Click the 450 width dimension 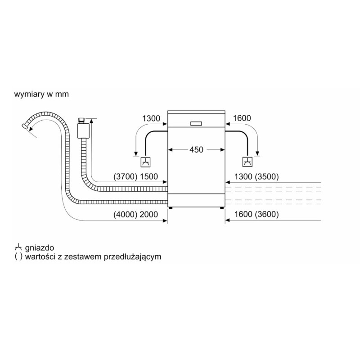point(196,150)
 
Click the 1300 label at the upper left point(151,118)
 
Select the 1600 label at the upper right point(242,118)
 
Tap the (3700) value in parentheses point(126,176)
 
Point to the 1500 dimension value point(149,176)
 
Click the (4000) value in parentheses point(126,215)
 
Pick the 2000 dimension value point(149,215)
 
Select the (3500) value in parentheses point(267,176)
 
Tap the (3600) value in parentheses point(267,214)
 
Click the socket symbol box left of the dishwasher point(145,162)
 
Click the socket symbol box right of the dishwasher point(247,162)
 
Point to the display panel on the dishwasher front point(196,123)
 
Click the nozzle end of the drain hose point(24,126)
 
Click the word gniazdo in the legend point(40,248)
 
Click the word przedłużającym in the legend point(132,257)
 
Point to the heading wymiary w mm point(41,94)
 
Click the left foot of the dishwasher point(171,208)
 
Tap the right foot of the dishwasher point(221,208)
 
